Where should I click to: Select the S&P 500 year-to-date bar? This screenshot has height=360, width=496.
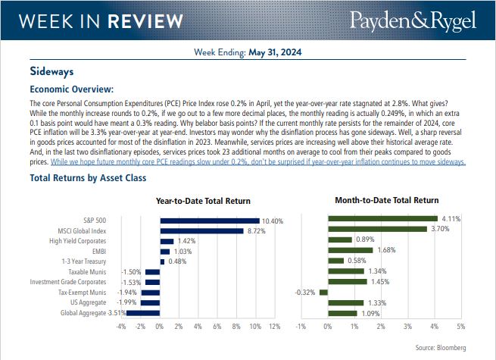[x=209, y=221]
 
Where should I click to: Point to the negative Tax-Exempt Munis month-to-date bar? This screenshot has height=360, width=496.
[x=323, y=292]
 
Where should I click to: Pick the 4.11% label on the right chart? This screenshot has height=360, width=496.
[x=451, y=219]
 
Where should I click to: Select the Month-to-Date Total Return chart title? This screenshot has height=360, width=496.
[x=386, y=200]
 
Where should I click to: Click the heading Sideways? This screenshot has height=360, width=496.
[x=51, y=73]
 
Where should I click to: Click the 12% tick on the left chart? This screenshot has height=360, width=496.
[x=274, y=327]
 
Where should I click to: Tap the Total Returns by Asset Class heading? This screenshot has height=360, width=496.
[x=88, y=179]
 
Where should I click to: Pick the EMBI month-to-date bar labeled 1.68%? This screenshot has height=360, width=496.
[x=351, y=250]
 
